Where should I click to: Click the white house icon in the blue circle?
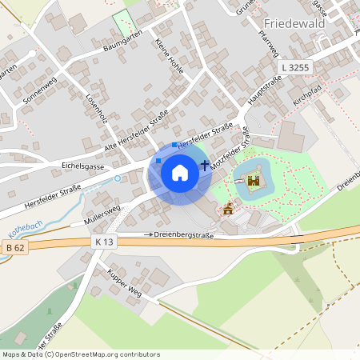coord(180,172)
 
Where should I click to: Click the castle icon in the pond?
coord(254,181)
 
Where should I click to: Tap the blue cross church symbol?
coord(205,166)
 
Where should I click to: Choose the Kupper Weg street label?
coord(125,282)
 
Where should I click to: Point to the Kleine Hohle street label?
coord(170,56)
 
